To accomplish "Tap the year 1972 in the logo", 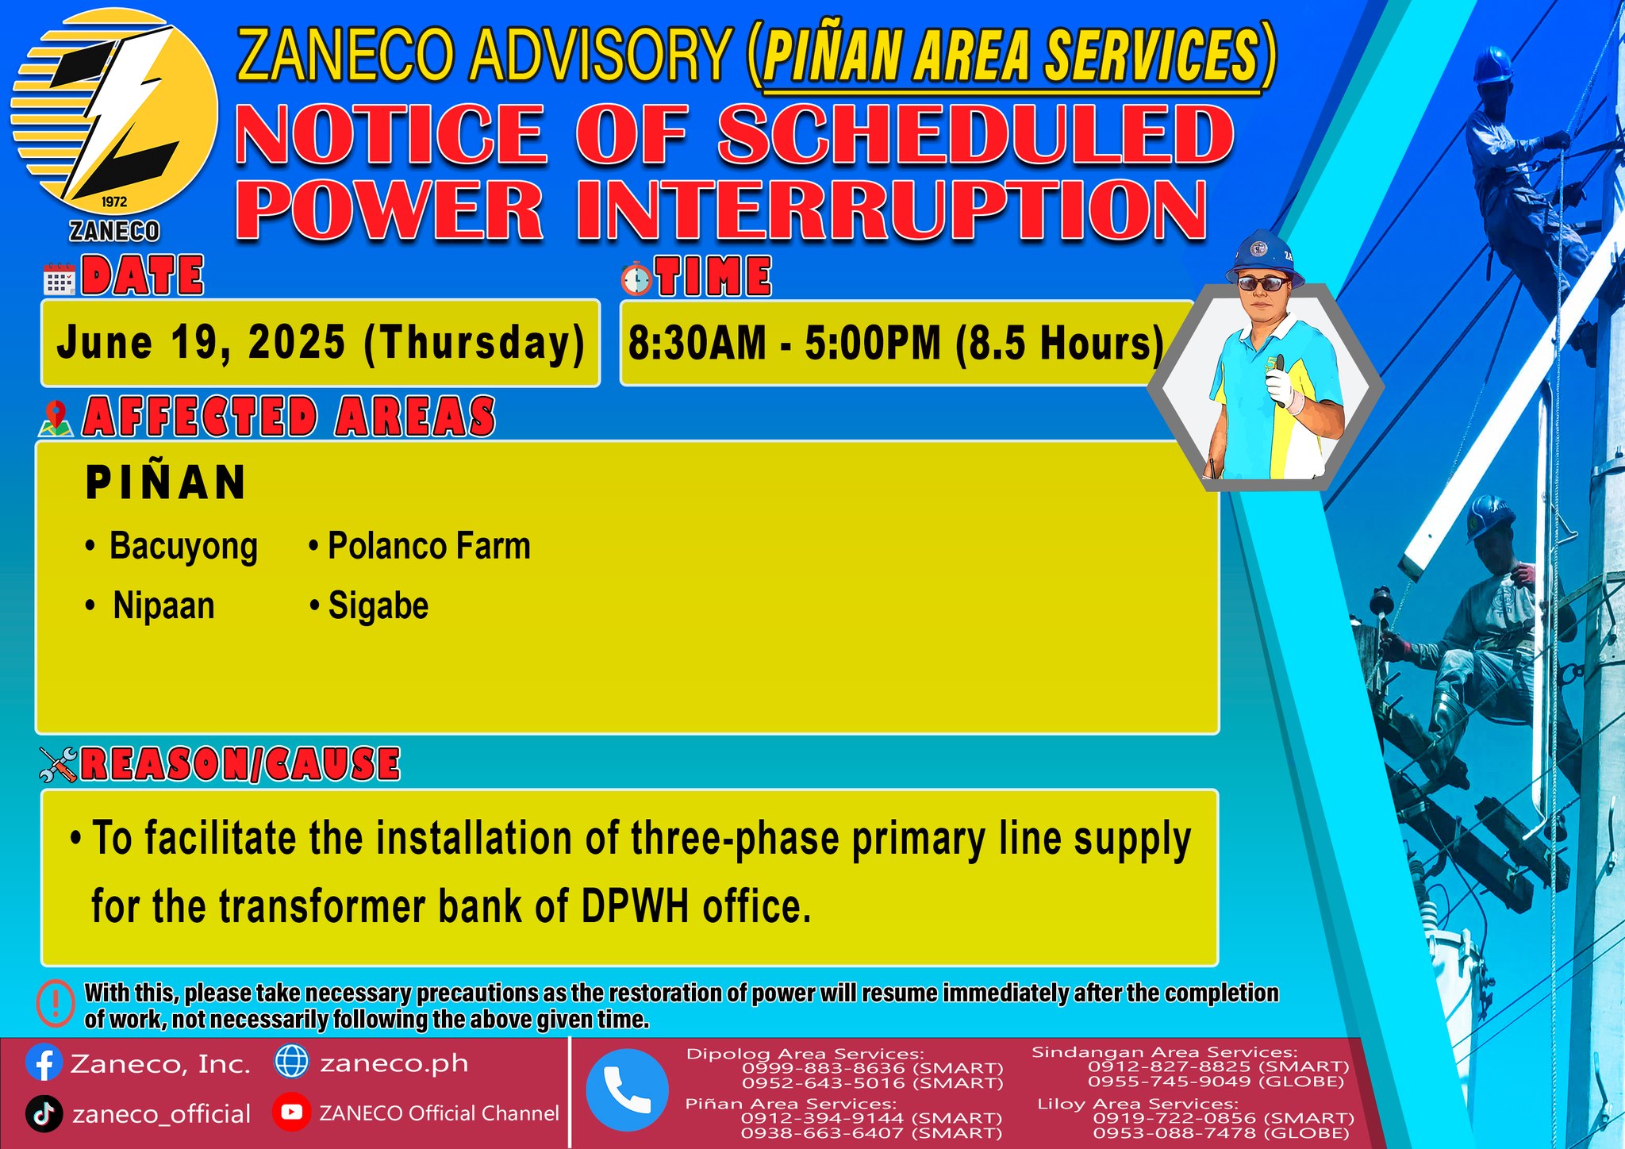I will tap(114, 202).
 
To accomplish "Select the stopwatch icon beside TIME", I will tap(636, 279).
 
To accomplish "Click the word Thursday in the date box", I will tap(474, 343).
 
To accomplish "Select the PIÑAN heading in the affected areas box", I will tap(166, 482).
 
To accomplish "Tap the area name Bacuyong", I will tap(182, 547).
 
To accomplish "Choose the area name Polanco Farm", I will tap(428, 546).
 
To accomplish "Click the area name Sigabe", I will tap(378, 606).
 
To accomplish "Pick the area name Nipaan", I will tap(163, 606).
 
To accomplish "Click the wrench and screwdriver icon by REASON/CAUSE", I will tap(58, 764).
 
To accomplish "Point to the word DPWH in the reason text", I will tap(635, 906).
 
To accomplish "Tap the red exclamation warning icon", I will tap(56, 1004).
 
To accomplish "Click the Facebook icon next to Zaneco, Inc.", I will tap(44, 1063).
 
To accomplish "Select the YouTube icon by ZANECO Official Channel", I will tap(291, 1112).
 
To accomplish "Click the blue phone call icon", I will tap(627, 1090).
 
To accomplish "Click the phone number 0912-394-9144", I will tap(822, 1117).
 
